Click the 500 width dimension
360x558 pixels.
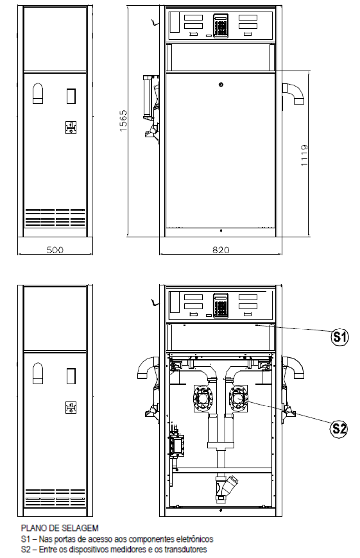click(x=55, y=250)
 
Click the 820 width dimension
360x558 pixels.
click(x=221, y=250)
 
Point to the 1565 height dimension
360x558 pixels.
click(x=123, y=121)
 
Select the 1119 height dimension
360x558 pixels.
click(x=304, y=155)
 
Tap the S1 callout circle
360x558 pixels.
click(x=339, y=336)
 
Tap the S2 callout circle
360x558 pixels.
click(x=339, y=428)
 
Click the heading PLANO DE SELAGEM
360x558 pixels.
click(x=60, y=528)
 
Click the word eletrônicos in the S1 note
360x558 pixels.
click(x=197, y=539)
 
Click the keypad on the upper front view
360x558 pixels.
click(x=221, y=26)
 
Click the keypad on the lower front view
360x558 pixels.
click(x=221, y=305)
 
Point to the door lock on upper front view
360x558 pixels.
click(x=221, y=85)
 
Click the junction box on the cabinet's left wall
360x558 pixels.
click(x=176, y=445)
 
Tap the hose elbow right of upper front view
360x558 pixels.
click(x=294, y=93)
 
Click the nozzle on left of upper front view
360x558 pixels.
click(x=152, y=106)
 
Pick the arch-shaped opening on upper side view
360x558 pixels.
click(x=38, y=94)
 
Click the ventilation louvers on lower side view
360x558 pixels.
click(x=55, y=498)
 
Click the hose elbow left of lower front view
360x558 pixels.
click(x=147, y=368)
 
